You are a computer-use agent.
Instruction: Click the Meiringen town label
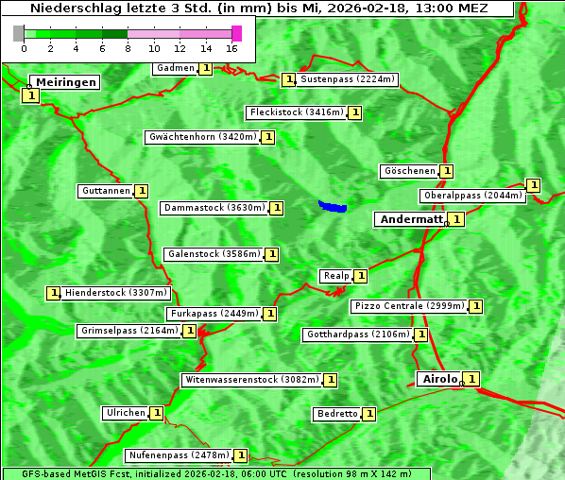coord(66,82)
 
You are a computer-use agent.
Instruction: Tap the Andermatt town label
coord(411,219)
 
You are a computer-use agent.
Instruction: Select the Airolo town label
coord(439,379)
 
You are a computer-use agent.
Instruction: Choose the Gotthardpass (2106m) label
coord(357,334)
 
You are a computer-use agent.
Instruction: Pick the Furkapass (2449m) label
coord(214,313)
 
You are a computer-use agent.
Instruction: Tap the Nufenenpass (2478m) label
coord(179,455)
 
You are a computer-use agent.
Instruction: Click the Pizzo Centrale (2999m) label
coord(409,306)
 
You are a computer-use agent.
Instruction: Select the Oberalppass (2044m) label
coord(472,196)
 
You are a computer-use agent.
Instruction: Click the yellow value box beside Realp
coord(361,276)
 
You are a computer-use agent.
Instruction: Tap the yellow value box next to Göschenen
coord(447,171)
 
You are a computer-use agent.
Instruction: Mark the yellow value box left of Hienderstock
coord(53,293)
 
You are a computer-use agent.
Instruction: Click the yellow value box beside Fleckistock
coord(355,112)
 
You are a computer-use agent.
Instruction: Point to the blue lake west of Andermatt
coord(333,206)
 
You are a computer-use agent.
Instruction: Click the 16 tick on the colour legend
coord(231,47)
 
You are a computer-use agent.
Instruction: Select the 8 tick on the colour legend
coord(128,47)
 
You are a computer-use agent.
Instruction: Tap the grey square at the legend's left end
coord(19,33)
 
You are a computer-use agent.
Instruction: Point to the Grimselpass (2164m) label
coord(128,331)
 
